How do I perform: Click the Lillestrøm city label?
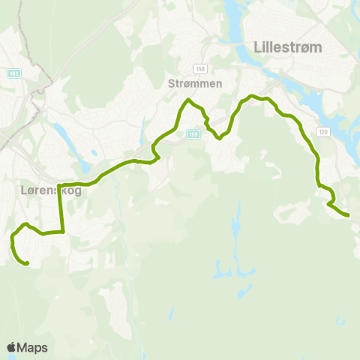289,46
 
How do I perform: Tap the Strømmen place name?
194,83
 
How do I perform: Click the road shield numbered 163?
15,73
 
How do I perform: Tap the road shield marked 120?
322,131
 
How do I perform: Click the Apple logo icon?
11,347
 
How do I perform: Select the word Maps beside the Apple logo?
33,347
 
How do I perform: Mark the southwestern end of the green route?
27,264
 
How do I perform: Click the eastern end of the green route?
348,216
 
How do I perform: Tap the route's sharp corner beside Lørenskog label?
58,184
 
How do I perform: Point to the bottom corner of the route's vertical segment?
63,232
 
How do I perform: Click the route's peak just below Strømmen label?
188,100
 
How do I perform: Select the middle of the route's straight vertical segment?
61,208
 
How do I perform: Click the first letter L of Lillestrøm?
259,46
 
